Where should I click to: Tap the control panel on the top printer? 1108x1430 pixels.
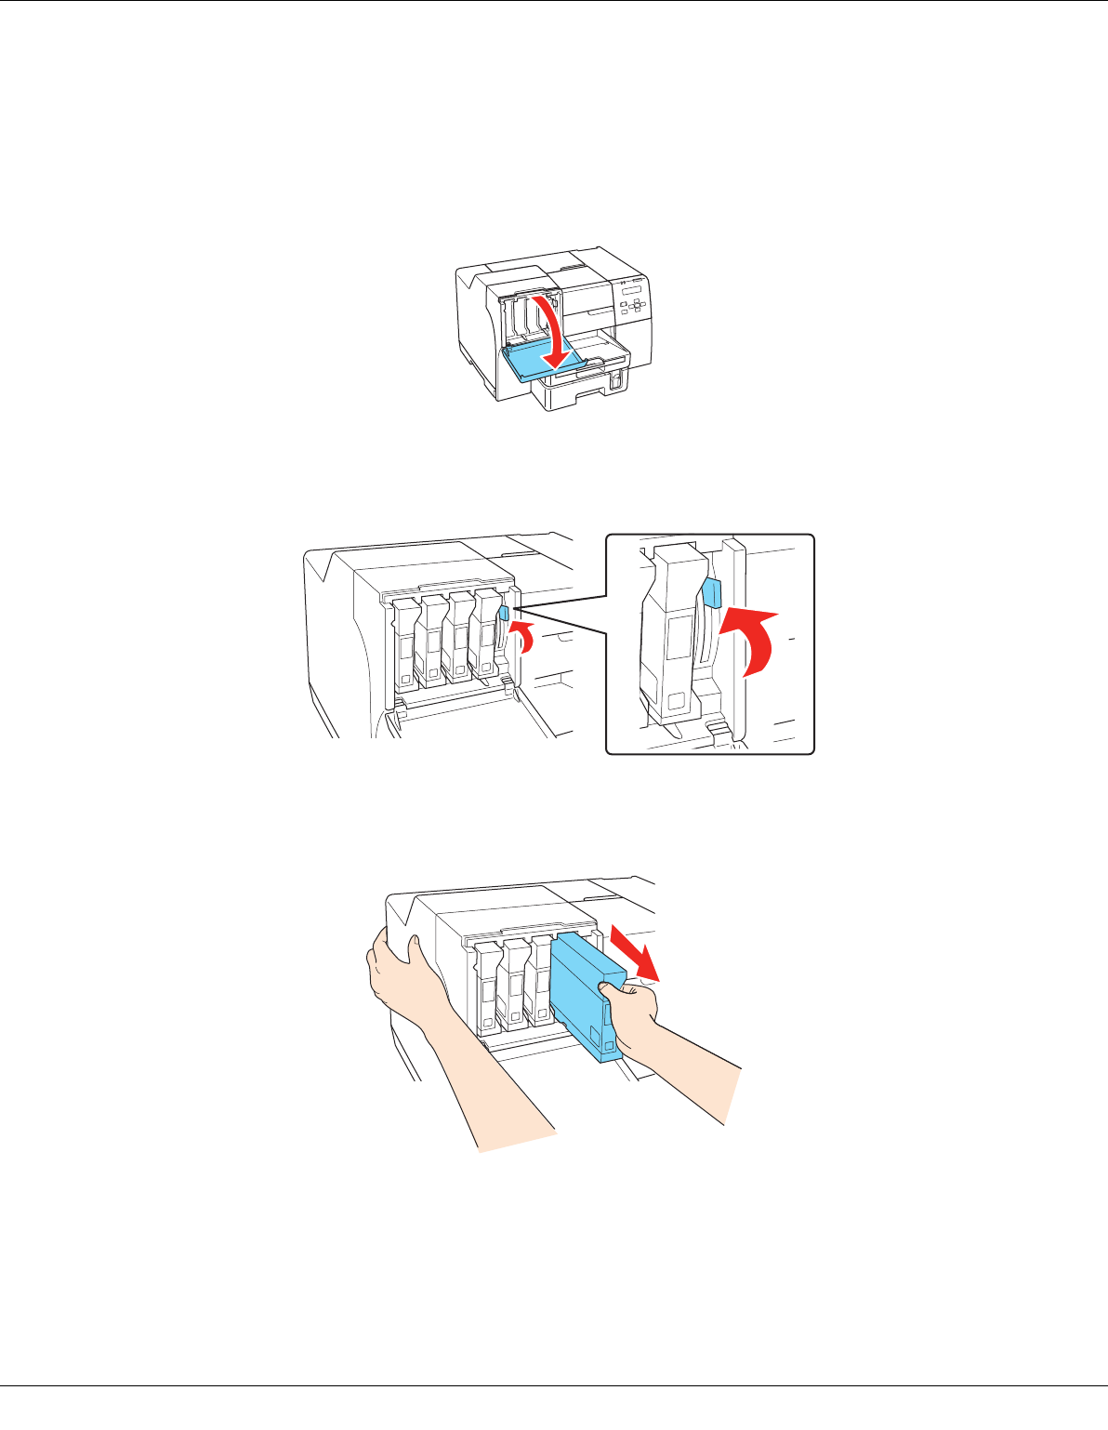[x=635, y=300]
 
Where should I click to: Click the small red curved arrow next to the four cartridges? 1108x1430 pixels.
[x=525, y=638]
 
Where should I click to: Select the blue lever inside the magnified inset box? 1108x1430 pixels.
[x=713, y=591]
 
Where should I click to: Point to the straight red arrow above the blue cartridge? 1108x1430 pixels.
[x=634, y=952]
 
